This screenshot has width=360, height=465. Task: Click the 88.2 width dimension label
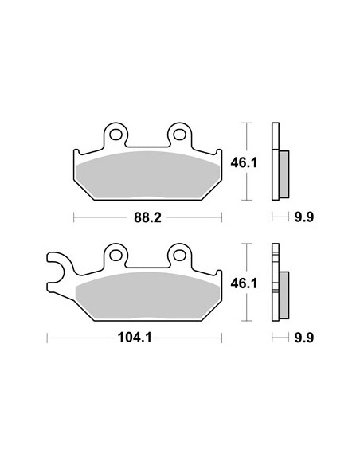coord(147,217)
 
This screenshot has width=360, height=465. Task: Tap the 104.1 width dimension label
coord(135,338)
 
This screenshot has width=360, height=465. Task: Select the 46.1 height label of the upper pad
coord(244,162)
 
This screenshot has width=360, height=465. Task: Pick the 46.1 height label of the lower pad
coord(244,283)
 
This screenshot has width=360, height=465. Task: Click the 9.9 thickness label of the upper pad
coord(304,217)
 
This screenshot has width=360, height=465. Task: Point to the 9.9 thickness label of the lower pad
coord(304,338)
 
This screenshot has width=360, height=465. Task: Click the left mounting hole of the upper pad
coord(115,135)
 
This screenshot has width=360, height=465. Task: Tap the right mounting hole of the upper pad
coord(180,135)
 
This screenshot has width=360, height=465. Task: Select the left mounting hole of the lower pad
coord(115,256)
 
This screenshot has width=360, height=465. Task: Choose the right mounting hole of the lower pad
coord(180,256)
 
